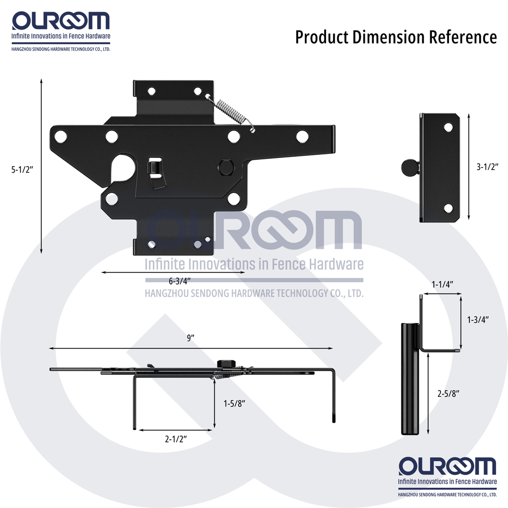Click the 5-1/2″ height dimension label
pos(22,170)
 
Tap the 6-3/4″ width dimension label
pos(179,280)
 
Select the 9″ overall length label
pos(190,338)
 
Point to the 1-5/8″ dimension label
pos(234,403)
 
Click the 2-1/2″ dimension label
pos(176,439)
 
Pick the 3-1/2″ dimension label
pos(487,167)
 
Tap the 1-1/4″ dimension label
pos(442,284)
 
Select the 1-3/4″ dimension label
pos(478,320)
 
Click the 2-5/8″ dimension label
pos(449,393)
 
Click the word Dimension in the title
pos(389,37)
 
